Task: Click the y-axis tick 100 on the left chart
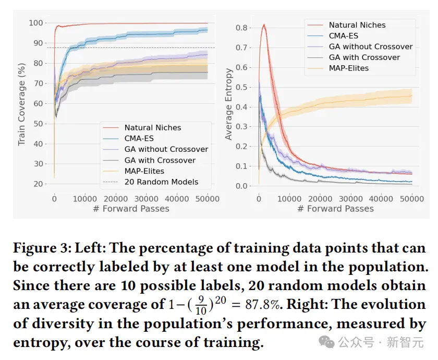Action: point(36,22)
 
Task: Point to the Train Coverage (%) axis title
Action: point(22,104)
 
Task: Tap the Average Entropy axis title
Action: point(228,104)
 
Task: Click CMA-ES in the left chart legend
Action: point(139,138)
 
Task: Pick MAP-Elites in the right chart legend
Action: point(349,68)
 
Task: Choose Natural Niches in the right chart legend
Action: point(357,25)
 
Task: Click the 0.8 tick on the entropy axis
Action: point(241,28)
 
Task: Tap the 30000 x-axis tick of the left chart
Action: point(147,199)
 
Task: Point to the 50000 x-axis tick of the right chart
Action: point(412,199)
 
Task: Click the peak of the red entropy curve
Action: point(264,25)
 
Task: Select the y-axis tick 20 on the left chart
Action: point(38,184)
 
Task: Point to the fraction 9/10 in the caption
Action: point(201,305)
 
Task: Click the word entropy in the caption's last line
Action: point(41,343)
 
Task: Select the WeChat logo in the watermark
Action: point(326,342)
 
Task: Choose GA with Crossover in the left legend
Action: point(160,161)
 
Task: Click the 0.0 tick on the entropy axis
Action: point(241,186)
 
